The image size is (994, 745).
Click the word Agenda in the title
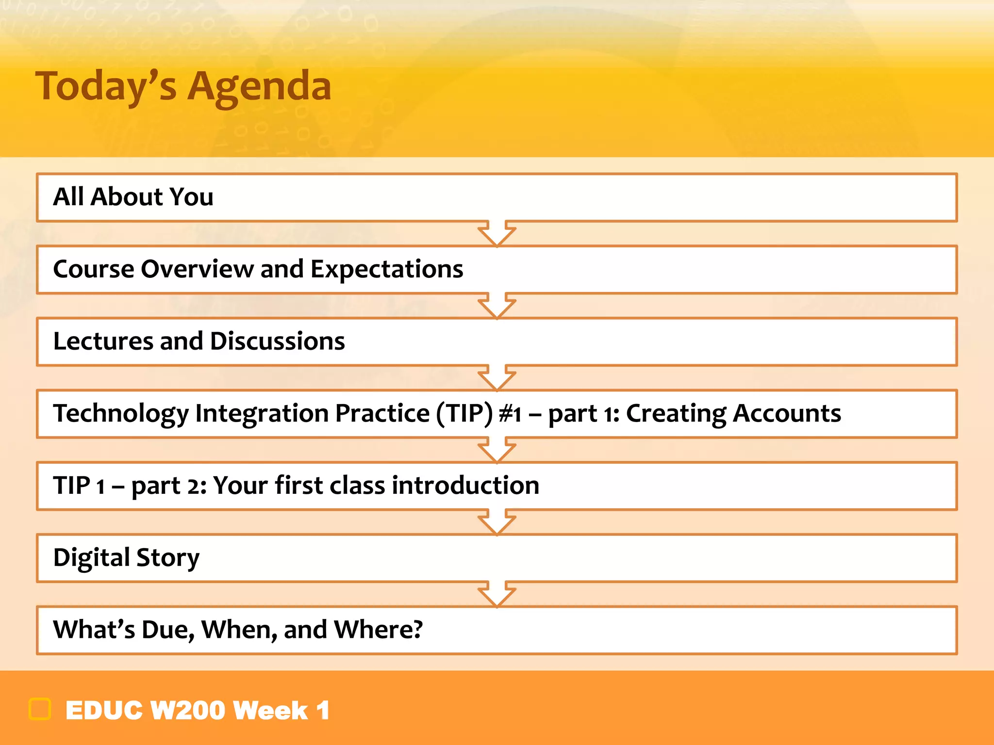(x=259, y=86)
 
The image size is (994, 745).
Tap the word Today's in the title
(x=106, y=86)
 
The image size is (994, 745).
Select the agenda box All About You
(x=496, y=197)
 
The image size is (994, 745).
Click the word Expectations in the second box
(x=386, y=269)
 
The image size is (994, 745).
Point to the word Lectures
(x=103, y=341)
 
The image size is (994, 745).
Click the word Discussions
(x=277, y=341)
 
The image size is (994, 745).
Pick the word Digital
(x=91, y=557)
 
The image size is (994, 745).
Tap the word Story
(x=167, y=557)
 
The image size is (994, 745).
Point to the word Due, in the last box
(x=168, y=630)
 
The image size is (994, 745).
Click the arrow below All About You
(x=497, y=233)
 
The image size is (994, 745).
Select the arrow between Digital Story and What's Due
(x=497, y=594)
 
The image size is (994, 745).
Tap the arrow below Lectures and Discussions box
(x=497, y=377)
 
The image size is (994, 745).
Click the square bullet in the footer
(x=40, y=709)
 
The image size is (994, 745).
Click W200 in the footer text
(x=187, y=711)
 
